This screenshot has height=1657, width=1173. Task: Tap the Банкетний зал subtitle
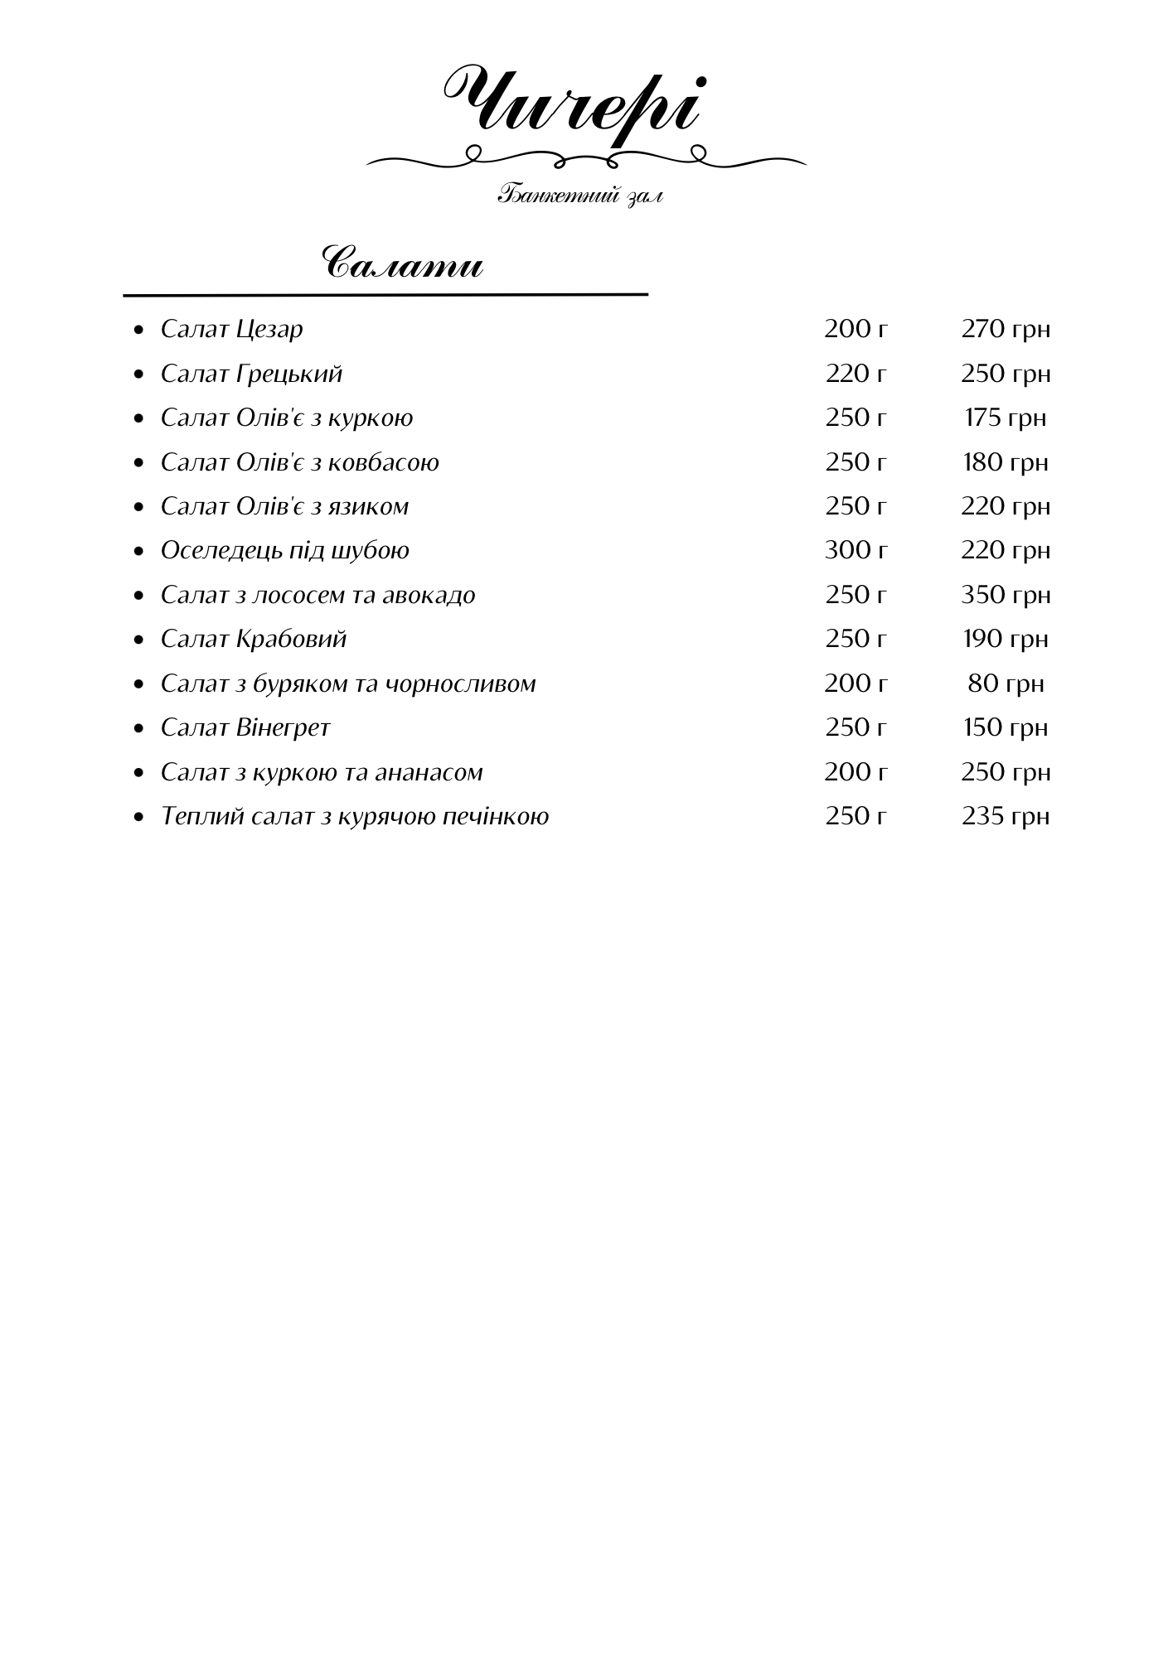[580, 196]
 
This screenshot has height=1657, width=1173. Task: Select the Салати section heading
[402, 264]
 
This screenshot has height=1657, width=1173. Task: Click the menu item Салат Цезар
[232, 329]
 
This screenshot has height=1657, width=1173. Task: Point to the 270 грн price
[1006, 329]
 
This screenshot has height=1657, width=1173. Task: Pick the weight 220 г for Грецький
[856, 374]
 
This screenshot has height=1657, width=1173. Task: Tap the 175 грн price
[1006, 418]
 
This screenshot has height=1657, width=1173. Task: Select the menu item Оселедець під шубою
[285, 550]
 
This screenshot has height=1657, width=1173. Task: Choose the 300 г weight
[856, 550]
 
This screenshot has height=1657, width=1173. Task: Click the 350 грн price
[1006, 595]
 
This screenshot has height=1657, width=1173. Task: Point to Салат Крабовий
[254, 639]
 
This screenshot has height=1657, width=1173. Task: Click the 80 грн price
[1006, 684]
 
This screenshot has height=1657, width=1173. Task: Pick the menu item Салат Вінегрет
[245, 727]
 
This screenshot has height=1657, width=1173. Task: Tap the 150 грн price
[1006, 727]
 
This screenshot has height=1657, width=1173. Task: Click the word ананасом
[429, 772]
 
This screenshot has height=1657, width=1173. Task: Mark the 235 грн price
[1006, 816]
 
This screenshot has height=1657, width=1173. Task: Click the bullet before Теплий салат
[139, 817]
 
